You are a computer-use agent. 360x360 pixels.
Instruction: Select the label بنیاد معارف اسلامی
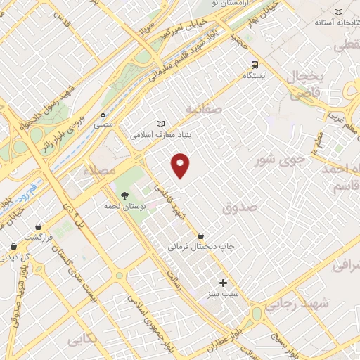pos(161,131)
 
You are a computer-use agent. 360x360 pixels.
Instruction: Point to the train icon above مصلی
pos(103,112)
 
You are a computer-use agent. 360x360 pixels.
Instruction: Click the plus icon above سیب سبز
pos(224,282)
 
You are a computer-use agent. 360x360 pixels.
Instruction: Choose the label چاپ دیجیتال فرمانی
pos(201,247)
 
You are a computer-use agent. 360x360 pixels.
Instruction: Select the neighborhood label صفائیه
pos(205,108)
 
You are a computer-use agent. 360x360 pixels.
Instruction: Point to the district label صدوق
pos(240,207)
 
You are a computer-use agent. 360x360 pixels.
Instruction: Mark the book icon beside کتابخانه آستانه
pos(338,12)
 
